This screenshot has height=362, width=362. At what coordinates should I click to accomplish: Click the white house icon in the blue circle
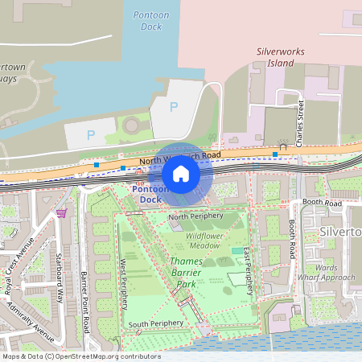181,174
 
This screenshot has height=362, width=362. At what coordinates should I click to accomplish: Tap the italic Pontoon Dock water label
146,21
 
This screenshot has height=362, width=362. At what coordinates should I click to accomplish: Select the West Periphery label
124,283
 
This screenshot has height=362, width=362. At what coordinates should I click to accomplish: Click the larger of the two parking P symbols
174,106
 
